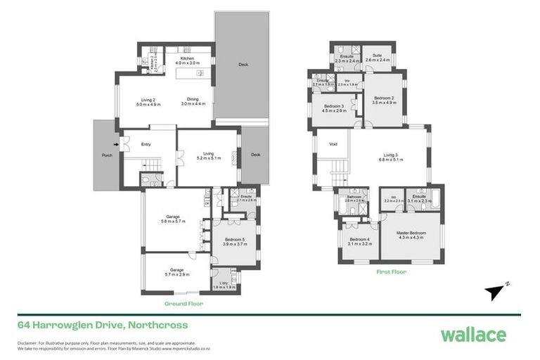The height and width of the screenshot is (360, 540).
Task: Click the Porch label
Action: [107, 155]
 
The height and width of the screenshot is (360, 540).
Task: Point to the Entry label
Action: [146, 145]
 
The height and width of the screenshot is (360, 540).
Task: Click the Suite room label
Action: [377, 56]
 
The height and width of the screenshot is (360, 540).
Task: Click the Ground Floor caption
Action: [184, 304]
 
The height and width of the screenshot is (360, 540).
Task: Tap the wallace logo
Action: [473, 335]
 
